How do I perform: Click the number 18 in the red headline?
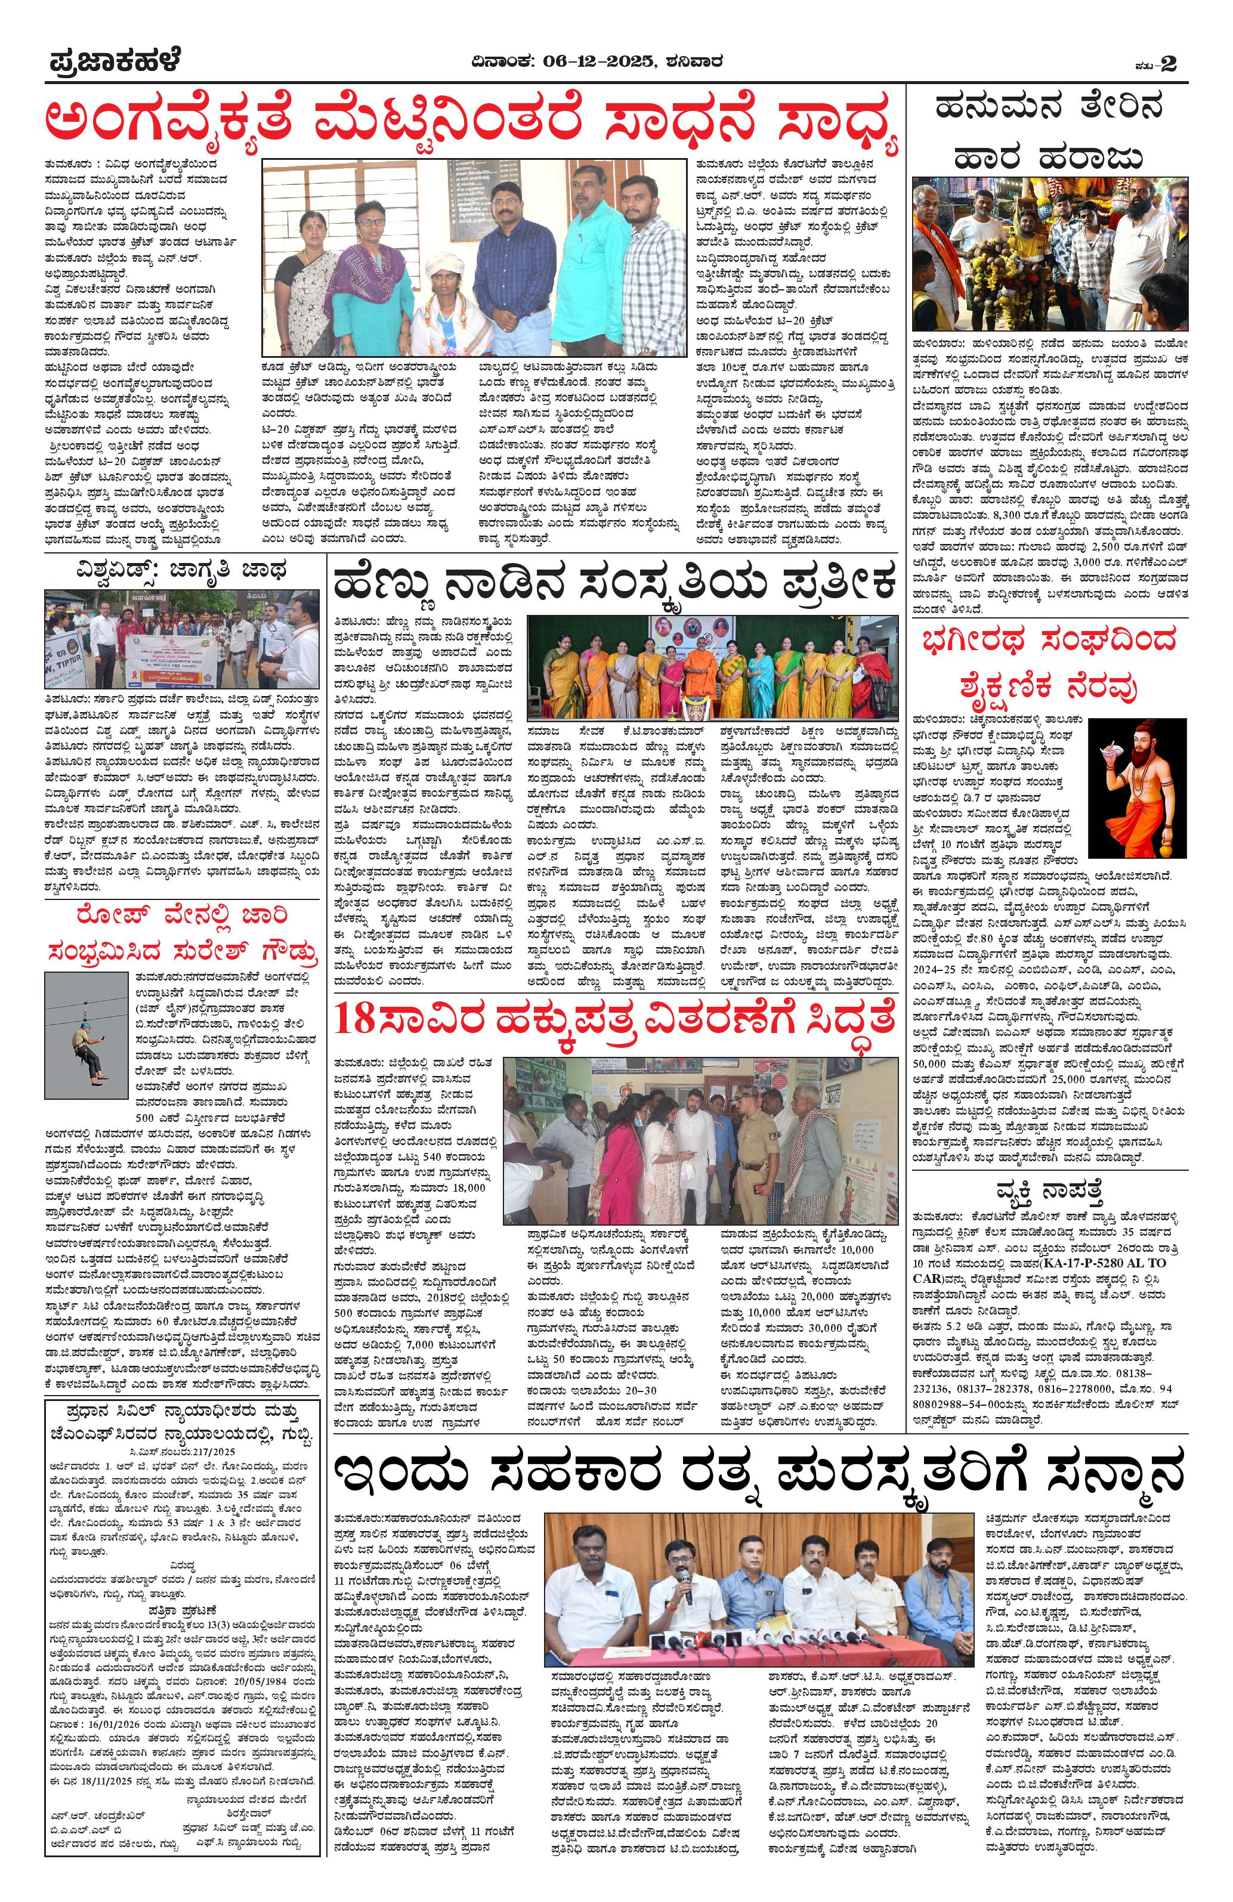[x=355, y=1018]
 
